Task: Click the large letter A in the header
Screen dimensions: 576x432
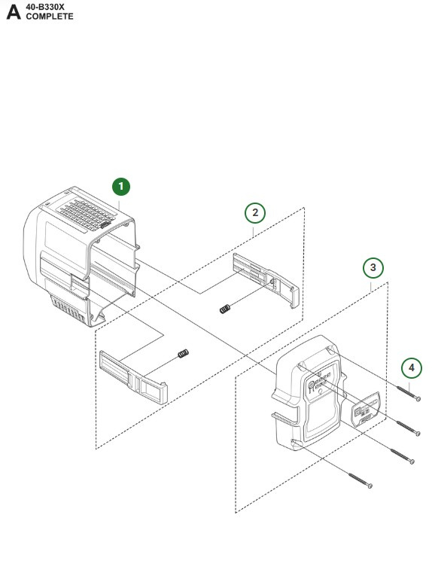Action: click(14, 13)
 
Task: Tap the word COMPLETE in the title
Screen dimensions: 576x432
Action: click(50, 17)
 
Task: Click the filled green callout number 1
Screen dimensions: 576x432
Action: click(121, 186)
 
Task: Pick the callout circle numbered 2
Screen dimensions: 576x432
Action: click(255, 213)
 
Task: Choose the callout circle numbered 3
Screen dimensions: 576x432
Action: click(373, 267)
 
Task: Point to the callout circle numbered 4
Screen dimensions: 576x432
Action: click(410, 367)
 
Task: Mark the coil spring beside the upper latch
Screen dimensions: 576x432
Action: click(224, 309)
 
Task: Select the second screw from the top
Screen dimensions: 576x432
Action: click(406, 428)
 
